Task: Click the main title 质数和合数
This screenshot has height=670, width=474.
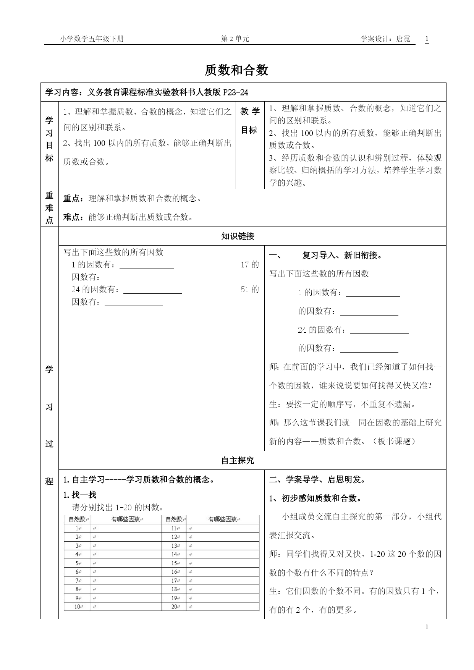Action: (237, 70)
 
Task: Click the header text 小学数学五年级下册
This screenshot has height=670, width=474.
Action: (92, 39)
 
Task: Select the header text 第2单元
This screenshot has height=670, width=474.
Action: (235, 39)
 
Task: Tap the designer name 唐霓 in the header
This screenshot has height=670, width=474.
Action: (403, 39)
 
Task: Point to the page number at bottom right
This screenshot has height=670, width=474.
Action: (427, 627)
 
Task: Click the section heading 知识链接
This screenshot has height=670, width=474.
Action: (238, 236)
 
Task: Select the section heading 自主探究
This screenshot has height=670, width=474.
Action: (238, 461)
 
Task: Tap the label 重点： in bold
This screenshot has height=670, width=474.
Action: (73, 199)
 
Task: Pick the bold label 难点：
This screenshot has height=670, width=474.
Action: (73, 217)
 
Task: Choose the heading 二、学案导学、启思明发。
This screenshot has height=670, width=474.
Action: (317, 480)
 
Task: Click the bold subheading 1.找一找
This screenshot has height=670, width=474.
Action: (79, 495)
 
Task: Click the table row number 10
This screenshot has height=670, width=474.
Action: (77, 607)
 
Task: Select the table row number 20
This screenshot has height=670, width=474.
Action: (174, 607)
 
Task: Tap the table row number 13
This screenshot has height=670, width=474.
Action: (174, 546)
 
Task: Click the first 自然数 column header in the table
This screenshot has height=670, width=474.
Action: (77, 519)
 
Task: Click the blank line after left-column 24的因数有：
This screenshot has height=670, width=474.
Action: (152, 291)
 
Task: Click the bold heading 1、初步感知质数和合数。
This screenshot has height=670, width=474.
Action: (315, 498)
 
